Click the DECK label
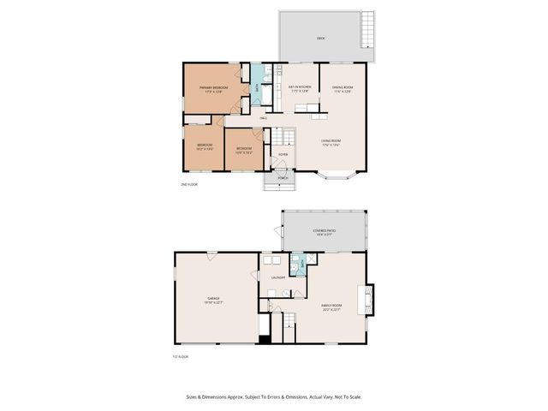[320, 39]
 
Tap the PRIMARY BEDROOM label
[212, 88]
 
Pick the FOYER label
[282, 154]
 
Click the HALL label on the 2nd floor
[264, 117]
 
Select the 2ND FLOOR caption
[188, 185]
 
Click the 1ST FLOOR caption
[180, 356]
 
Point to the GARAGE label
[212, 299]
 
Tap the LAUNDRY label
[278, 277]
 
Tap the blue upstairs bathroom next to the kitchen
[258, 88]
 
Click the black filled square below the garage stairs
[264, 337]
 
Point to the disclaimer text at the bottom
[273, 396]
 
